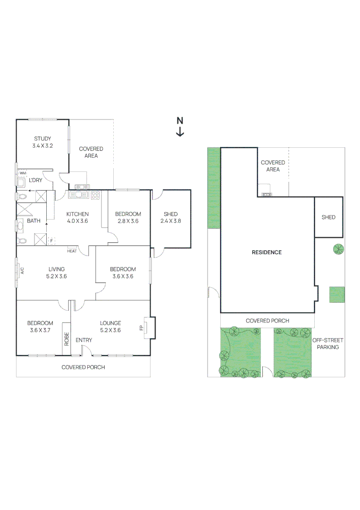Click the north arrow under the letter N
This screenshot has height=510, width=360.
(x=180, y=133)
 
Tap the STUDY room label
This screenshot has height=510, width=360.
(x=42, y=139)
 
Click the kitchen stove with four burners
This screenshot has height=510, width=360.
(x=96, y=195)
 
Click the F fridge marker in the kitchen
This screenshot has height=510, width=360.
(x=51, y=241)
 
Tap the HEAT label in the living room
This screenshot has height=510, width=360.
(x=72, y=251)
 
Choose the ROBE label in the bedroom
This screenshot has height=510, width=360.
(x=67, y=340)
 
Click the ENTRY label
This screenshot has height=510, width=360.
(x=84, y=340)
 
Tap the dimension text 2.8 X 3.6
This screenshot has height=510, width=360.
(x=128, y=221)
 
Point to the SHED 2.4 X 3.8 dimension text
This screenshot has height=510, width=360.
(x=171, y=221)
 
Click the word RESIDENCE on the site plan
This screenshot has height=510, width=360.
(x=267, y=252)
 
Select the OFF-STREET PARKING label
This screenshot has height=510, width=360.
(x=327, y=343)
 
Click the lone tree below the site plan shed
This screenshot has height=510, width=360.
(x=338, y=249)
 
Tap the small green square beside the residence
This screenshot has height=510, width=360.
(x=337, y=295)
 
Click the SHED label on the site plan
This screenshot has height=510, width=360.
(x=328, y=217)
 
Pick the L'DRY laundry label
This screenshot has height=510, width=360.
(x=36, y=180)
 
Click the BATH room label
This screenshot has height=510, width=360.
(x=33, y=221)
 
